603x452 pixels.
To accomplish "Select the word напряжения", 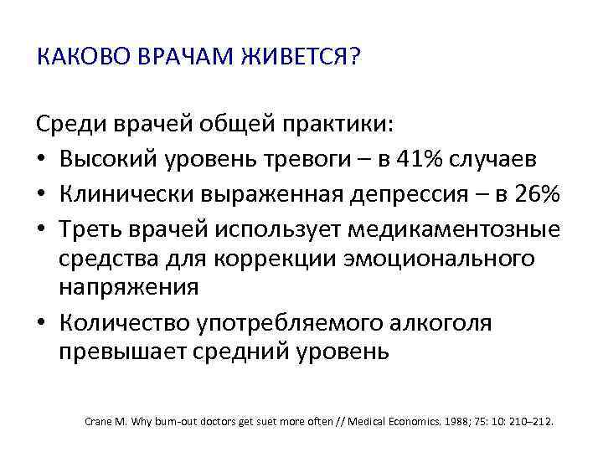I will [x=128, y=287].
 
